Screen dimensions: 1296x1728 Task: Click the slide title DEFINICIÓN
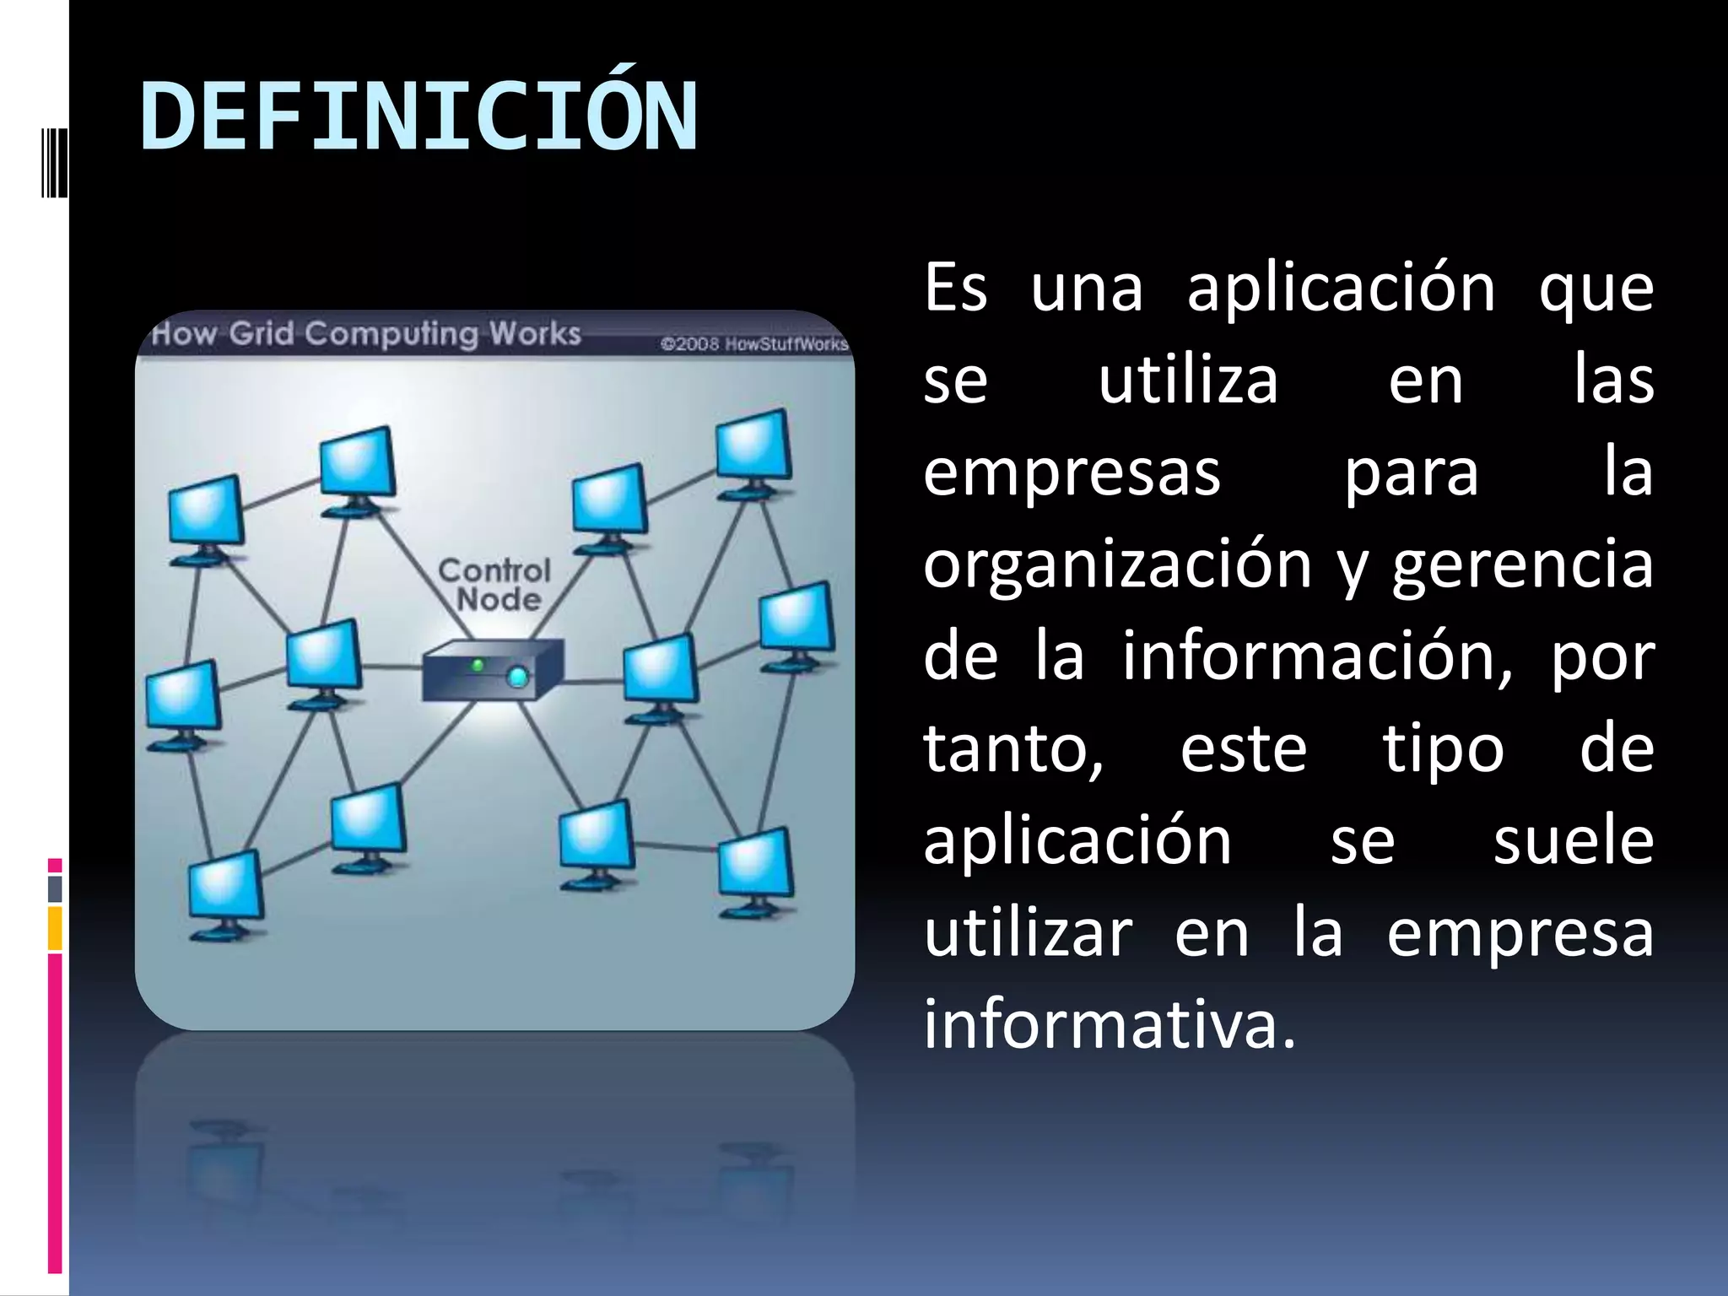tap(419, 116)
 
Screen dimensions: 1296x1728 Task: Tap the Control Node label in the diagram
tap(495, 585)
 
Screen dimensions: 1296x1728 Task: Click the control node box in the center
tap(493, 670)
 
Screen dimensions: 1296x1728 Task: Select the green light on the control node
tap(478, 666)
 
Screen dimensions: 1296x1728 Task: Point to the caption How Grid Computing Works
tap(366, 334)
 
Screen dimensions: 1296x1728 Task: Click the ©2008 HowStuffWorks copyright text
tap(753, 344)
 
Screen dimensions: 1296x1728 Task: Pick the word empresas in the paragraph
tap(1072, 472)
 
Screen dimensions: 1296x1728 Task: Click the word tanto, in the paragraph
tap(1012, 749)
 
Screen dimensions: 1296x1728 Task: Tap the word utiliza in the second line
tap(1188, 381)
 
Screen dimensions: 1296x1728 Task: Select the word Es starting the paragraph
tap(955, 289)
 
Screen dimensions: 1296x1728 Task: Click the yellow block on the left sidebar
tap(55, 928)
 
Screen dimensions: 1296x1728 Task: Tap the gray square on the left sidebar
tap(55, 888)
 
